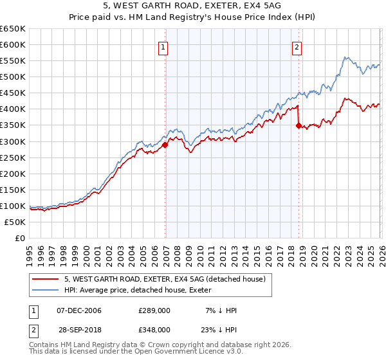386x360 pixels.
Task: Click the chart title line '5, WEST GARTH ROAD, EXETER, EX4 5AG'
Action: pos(192,6)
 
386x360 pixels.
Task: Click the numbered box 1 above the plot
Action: pos(163,46)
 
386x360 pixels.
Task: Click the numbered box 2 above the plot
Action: pos(297,46)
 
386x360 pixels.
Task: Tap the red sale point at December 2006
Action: pos(165,145)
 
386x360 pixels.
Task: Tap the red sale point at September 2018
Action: pos(299,126)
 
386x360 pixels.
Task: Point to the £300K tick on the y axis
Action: pos(14,141)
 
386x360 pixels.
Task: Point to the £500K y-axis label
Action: pos(14,77)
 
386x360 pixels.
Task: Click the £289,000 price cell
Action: pos(154,310)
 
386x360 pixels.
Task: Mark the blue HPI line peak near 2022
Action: pos(345,57)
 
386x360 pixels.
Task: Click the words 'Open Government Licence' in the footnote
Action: pos(186,353)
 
